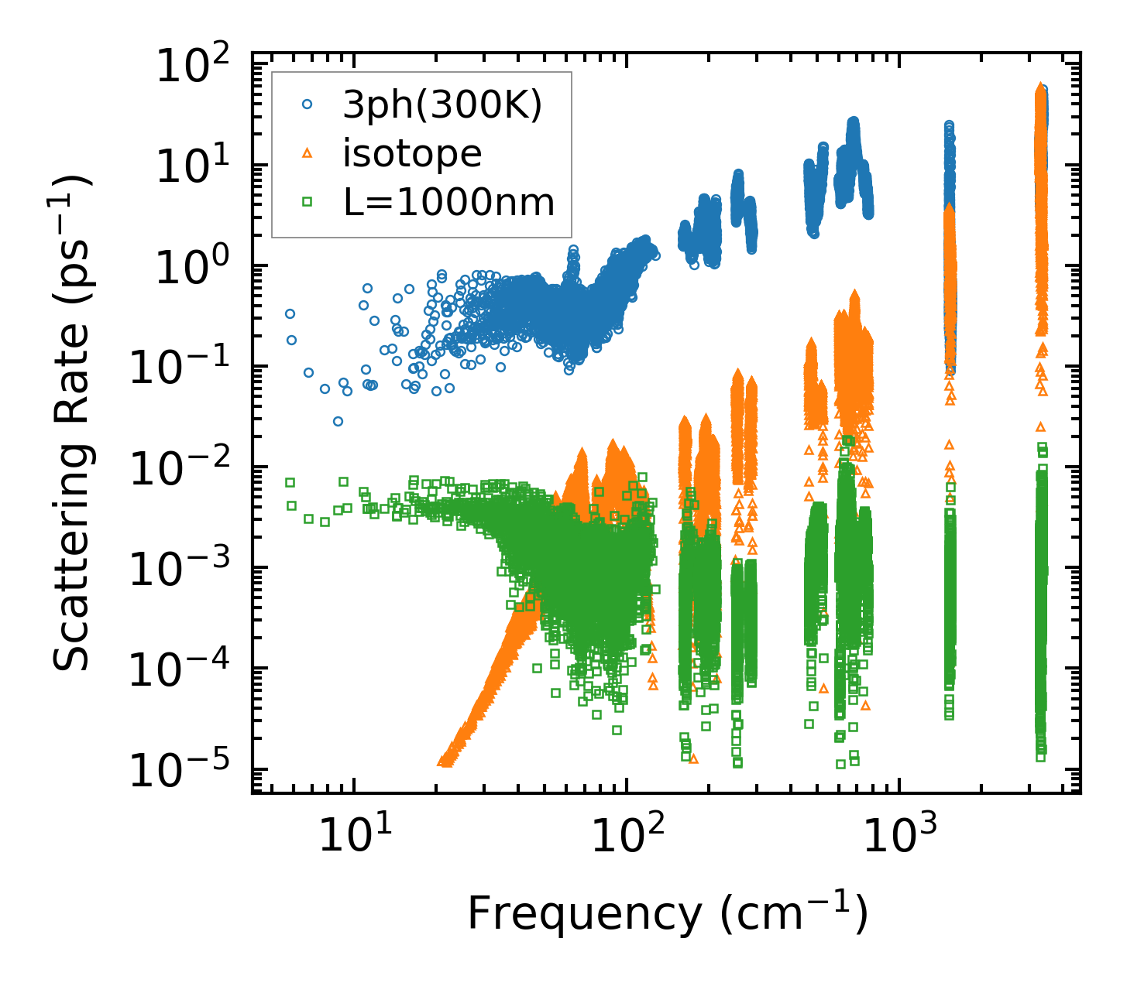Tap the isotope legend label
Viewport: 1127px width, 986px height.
point(412,154)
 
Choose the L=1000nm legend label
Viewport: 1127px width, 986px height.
point(448,203)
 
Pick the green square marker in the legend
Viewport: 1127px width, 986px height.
point(308,203)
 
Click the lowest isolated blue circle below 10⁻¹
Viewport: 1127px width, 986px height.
point(338,422)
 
